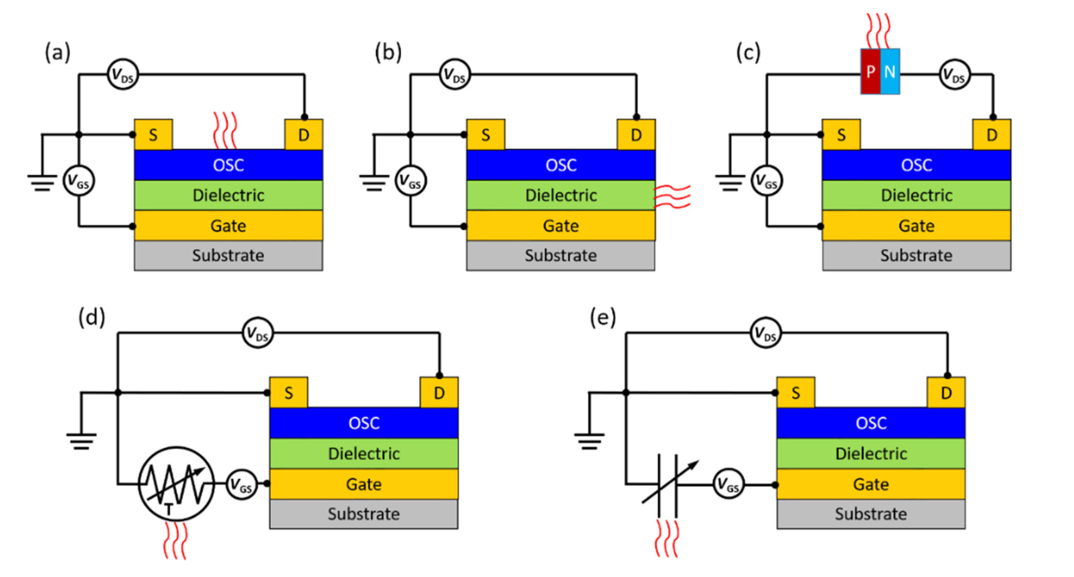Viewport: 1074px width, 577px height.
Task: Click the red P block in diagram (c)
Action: click(x=870, y=71)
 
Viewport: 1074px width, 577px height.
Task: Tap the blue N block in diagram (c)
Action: click(x=890, y=71)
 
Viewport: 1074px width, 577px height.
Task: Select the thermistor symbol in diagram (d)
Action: click(x=176, y=484)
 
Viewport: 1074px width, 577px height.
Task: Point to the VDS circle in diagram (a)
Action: click(x=122, y=75)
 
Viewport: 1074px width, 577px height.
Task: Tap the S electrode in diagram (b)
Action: click(x=485, y=135)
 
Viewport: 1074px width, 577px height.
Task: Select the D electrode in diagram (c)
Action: click(x=991, y=135)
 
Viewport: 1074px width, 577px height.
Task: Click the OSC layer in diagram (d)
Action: click(x=363, y=423)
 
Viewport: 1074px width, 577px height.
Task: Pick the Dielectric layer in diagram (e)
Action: click(x=870, y=453)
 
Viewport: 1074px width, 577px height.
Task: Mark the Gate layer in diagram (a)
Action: click(x=228, y=226)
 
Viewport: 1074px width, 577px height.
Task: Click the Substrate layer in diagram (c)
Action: click(x=916, y=255)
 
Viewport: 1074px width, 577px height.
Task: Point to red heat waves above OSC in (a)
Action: click(x=225, y=130)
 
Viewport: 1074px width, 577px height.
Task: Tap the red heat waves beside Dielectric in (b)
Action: click(x=672, y=197)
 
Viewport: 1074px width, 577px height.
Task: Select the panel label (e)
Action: click(x=602, y=318)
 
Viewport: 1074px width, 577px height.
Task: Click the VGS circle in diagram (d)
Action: click(x=241, y=484)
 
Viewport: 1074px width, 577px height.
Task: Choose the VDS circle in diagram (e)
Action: click(x=765, y=333)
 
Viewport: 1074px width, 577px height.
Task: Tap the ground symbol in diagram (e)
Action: click(x=589, y=440)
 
